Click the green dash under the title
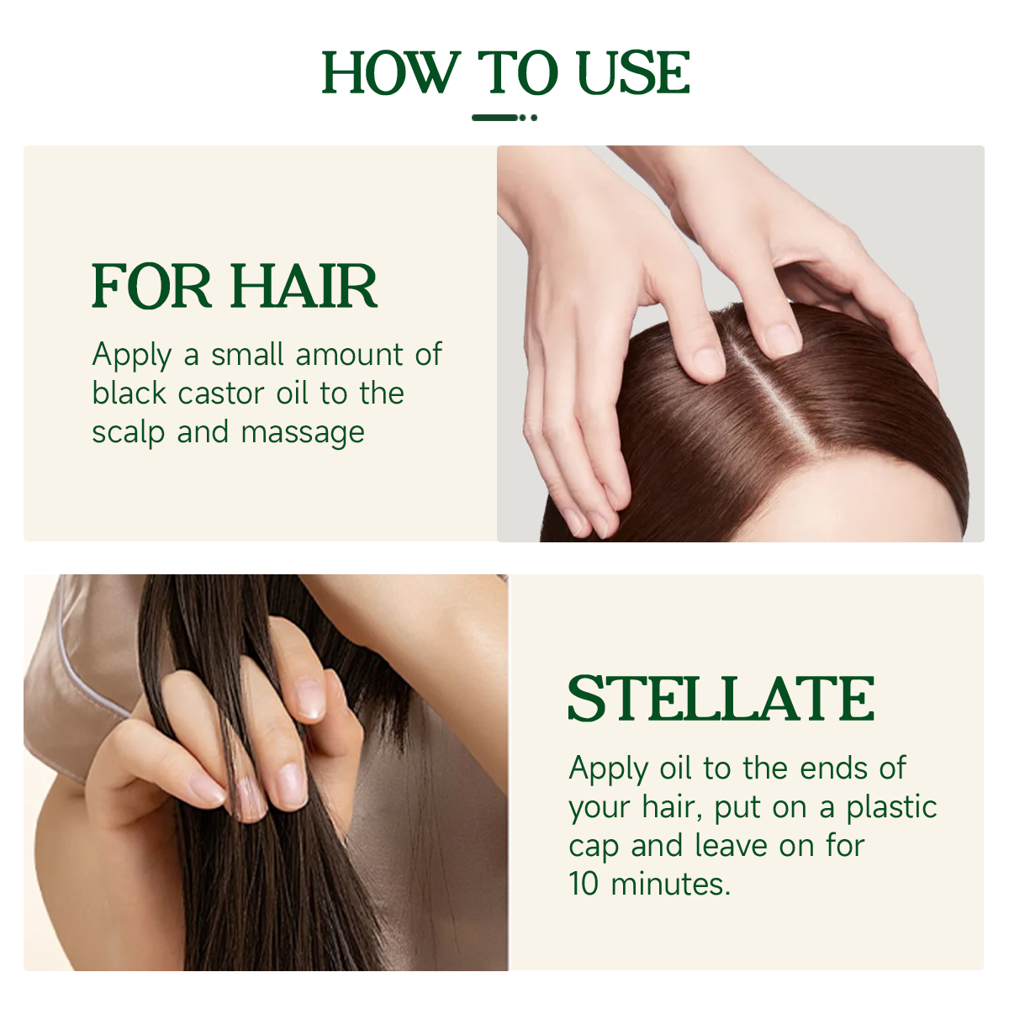point(494,118)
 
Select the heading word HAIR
point(304,286)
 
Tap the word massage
point(303,434)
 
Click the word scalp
point(129,433)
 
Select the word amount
point(349,355)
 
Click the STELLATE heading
point(721,699)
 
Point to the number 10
point(584,884)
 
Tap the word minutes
point(670,884)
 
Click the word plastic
point(892,808)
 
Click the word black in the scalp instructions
point(129,393)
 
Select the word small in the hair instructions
point(247,355)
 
